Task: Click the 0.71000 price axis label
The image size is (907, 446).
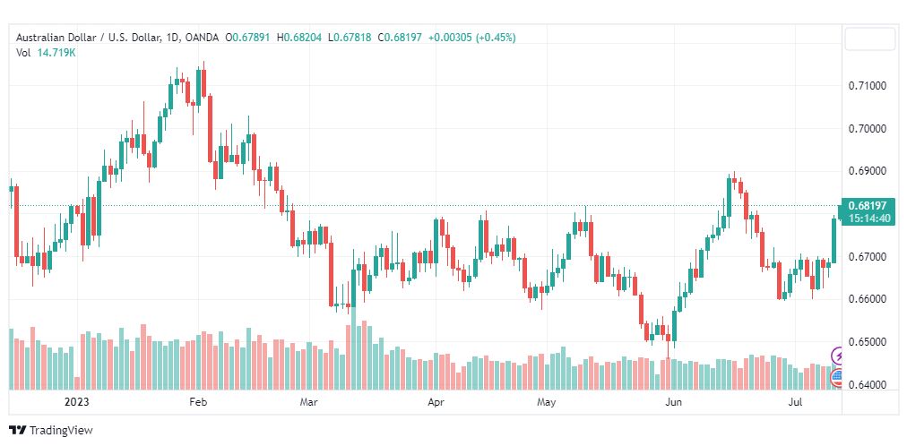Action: point(868,86)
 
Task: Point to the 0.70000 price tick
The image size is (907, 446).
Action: point(868,129)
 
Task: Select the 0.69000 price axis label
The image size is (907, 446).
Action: point(868,171)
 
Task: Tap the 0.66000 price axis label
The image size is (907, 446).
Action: point(868,299)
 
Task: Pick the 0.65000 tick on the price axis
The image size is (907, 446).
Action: point(868,342)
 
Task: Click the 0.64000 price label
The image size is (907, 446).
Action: point(868,385)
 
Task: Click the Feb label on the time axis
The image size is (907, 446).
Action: point(198,403)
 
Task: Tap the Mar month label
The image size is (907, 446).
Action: point(309,403)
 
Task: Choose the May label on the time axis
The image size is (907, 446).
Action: point(547,403)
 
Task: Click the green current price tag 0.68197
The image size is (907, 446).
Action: point(867,206)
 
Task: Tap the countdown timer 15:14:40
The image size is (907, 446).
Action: point(867,219)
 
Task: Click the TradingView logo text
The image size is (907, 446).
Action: point(61,431)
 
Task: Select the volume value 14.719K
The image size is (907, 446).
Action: point(56,53)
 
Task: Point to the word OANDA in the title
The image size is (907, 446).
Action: point(203,37)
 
